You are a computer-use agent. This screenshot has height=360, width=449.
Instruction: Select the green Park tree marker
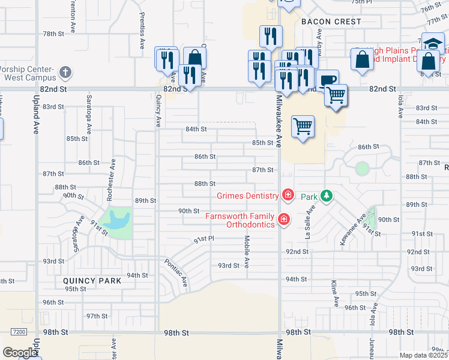(x=326, y=196)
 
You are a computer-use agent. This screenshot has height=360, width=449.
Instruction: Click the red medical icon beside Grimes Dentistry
(x=288, y=195)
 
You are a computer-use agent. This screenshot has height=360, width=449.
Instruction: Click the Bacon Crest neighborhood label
(x=331, y=22)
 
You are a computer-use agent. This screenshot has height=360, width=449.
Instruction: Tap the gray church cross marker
(x=65, y=73)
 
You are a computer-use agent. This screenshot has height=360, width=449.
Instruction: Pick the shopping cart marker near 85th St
(x=303, y=126)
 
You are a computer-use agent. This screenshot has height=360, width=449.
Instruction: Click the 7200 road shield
(x=19, y=331)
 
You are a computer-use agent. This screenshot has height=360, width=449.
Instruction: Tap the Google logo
(x=19, y=352)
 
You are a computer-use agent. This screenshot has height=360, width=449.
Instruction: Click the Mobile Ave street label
(x=247, y=251)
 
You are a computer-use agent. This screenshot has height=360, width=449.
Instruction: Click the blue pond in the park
(x=117, y=220)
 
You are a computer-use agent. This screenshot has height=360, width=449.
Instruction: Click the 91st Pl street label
(x=203, y=239)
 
